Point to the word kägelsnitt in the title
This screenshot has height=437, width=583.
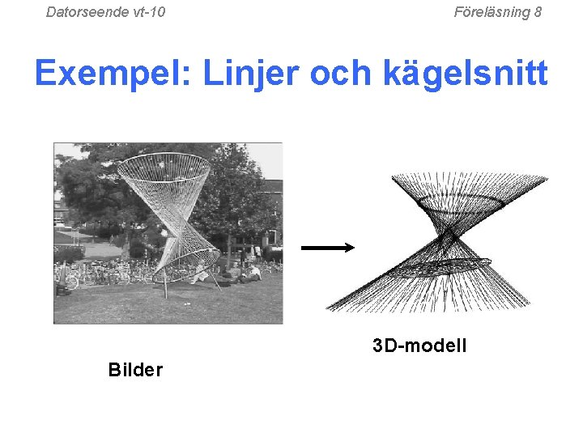click(470, 74)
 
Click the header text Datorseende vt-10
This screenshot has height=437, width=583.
click(105, 12)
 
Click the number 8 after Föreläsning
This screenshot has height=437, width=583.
click(538, 12)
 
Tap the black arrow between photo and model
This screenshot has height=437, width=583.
click(327, 248)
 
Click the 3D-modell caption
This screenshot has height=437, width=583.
click(419, 346)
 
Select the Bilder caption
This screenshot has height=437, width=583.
click(135, 371)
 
